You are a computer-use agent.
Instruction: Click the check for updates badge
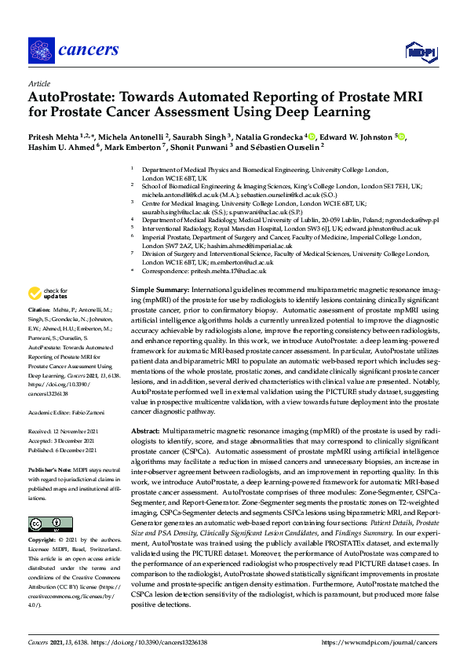click(49, 294)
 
